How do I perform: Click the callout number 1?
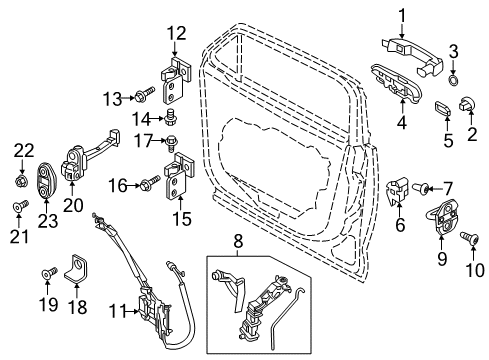pos(402,15)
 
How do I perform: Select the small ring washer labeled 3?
pos(453,76)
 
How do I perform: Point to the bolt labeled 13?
pos(147,98)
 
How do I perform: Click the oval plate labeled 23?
pos(45,182)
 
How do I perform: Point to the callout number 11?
pos(116,312)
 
